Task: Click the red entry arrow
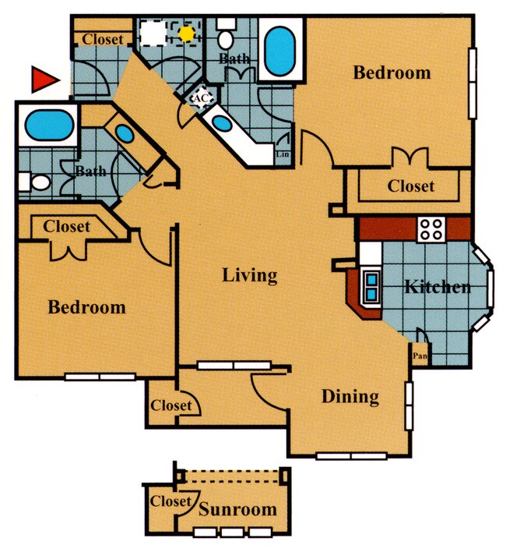click(44, 79)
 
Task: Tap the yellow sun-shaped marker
click(186, 34)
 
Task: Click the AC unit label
click(200, 98)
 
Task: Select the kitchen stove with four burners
click(430, 228)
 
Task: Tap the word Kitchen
click(437, 287)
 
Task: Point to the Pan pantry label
click(420, 356)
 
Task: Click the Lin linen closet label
click(282, 154)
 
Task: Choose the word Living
click(249, 275)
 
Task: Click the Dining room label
click(350, 397)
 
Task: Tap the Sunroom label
click(237, 510)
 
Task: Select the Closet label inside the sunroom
click(170, 501)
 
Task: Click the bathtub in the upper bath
click(279, 51)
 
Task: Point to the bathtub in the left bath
click(47, 125)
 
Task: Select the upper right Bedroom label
click(392, 73)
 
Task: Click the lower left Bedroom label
click(86, 307)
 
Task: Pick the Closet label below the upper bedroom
click(410, 186)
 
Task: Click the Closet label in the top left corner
click(103, 39)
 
